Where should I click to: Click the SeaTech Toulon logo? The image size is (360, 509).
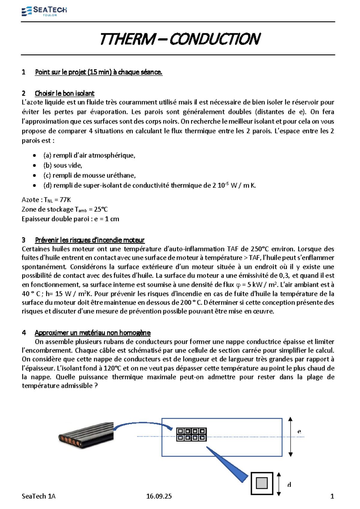click(x=44, y=11)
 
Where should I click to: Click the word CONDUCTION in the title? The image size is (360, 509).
click(x=215, y=39)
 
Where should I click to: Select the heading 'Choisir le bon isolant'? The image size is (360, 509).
click(x=64, y=93)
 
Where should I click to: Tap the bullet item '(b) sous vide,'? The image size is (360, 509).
click(x=63, y=165)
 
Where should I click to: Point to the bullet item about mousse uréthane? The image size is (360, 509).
click(x=89, y=175)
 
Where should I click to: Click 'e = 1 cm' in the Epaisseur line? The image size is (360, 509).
click(x=106, y=219)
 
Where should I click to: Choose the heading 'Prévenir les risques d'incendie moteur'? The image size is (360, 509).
click(x=90, y=240)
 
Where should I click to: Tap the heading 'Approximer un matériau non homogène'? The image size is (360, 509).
click(x=92, y=333)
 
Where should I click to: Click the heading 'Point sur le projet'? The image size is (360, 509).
click(x=98, y=72)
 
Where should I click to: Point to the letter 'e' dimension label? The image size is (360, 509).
click(x=299, y=432)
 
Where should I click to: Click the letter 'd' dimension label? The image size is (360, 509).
click(x=289, y=485)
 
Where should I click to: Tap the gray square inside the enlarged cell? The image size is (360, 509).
click(x=262, y=483)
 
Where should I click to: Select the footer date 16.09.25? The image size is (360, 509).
click(x=159, y=496)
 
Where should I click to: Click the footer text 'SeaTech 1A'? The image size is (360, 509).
click(x=38, y=496)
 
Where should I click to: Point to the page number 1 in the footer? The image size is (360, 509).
click(x=332, y=496)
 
